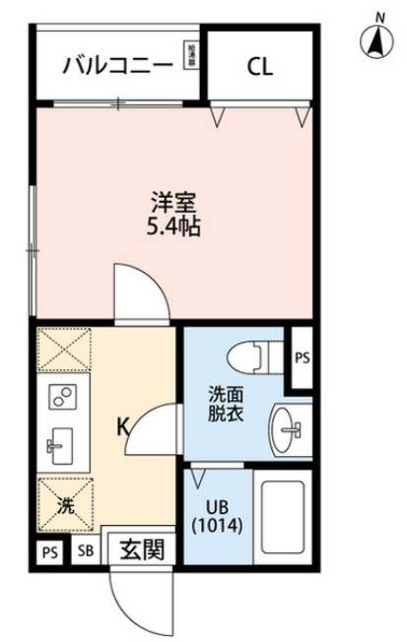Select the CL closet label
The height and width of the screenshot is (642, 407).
(x=259, y=66)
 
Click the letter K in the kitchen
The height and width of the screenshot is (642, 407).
(x=124, y=427)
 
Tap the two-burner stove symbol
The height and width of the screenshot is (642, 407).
(x=61, y=399)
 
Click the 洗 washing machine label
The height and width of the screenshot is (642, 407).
(x=64, y=508)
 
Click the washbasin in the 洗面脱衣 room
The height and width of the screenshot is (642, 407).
(x=291, y=427)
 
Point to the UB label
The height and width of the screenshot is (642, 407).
(x=216, y=510)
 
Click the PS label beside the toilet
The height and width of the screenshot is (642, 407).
(x=302, y=356)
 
